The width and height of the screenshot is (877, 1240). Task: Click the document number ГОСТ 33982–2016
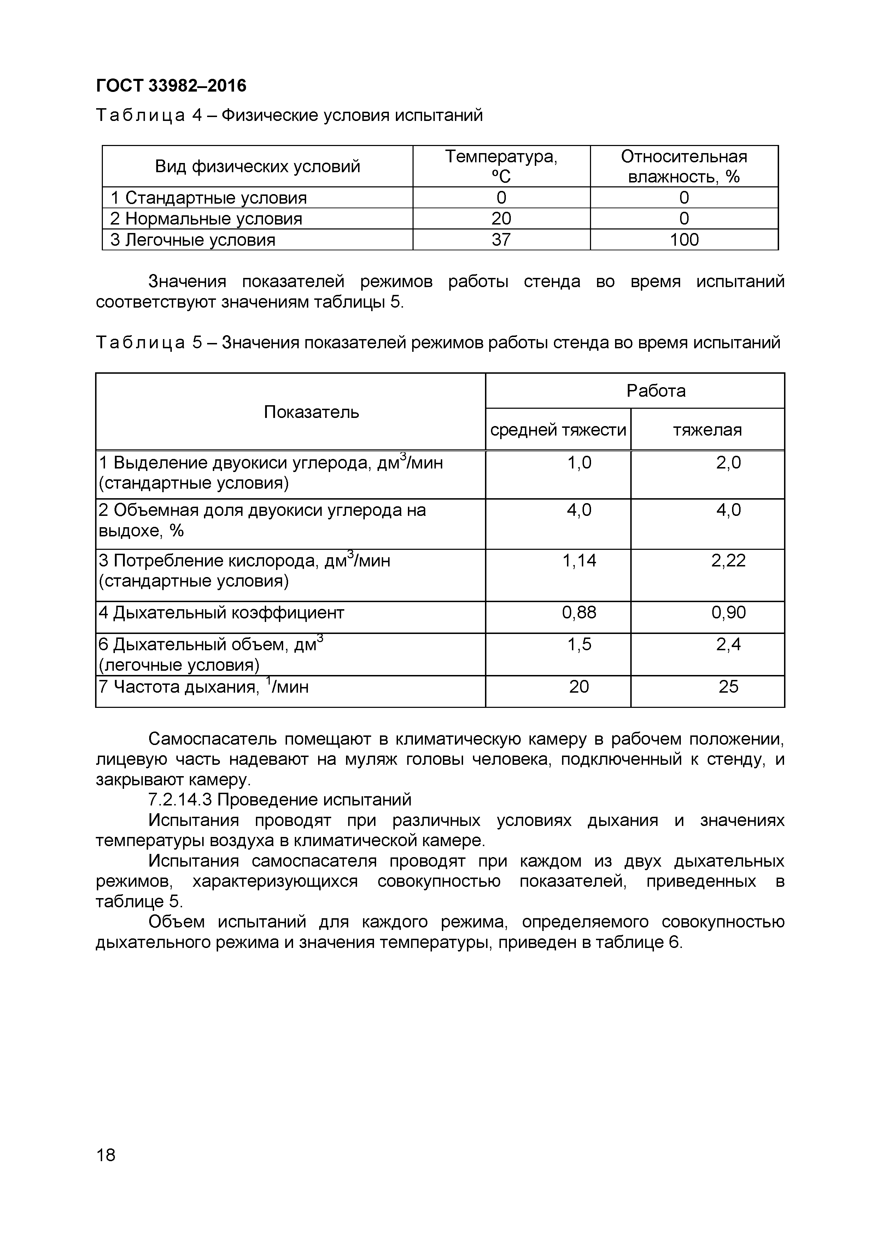(171, 85)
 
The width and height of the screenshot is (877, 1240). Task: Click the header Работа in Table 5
(656, 390)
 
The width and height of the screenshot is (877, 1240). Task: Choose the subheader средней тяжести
(558, 430)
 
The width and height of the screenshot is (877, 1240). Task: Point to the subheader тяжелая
(707, 430)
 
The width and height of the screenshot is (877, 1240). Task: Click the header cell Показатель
(311, 412)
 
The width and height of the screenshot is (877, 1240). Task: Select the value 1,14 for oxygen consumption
(579, 560)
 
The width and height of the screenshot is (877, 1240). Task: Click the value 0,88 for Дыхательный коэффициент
(579, 612)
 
